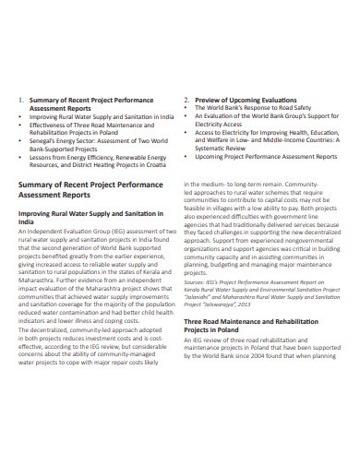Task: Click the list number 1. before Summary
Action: [21, 99]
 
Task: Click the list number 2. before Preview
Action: [186, 99]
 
